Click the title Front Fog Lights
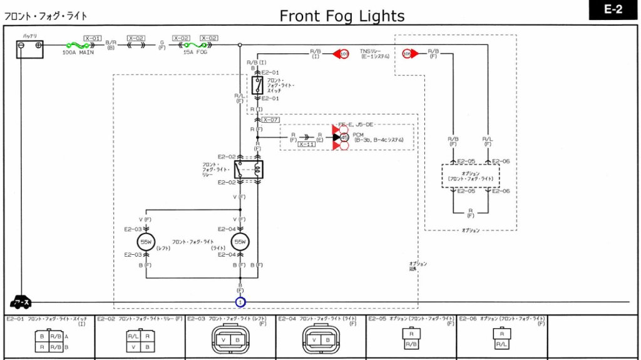[342, 16]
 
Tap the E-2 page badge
[613, 10]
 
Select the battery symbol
[29, 49]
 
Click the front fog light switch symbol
[257, 86]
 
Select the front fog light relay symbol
[249, 169]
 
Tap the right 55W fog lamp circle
[240, 242]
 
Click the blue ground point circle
[240, 302]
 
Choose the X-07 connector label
[270, 120]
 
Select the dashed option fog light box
[470, 176]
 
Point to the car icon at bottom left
[21, 302]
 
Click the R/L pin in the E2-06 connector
[501, 344]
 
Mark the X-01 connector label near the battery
[92, 38]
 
